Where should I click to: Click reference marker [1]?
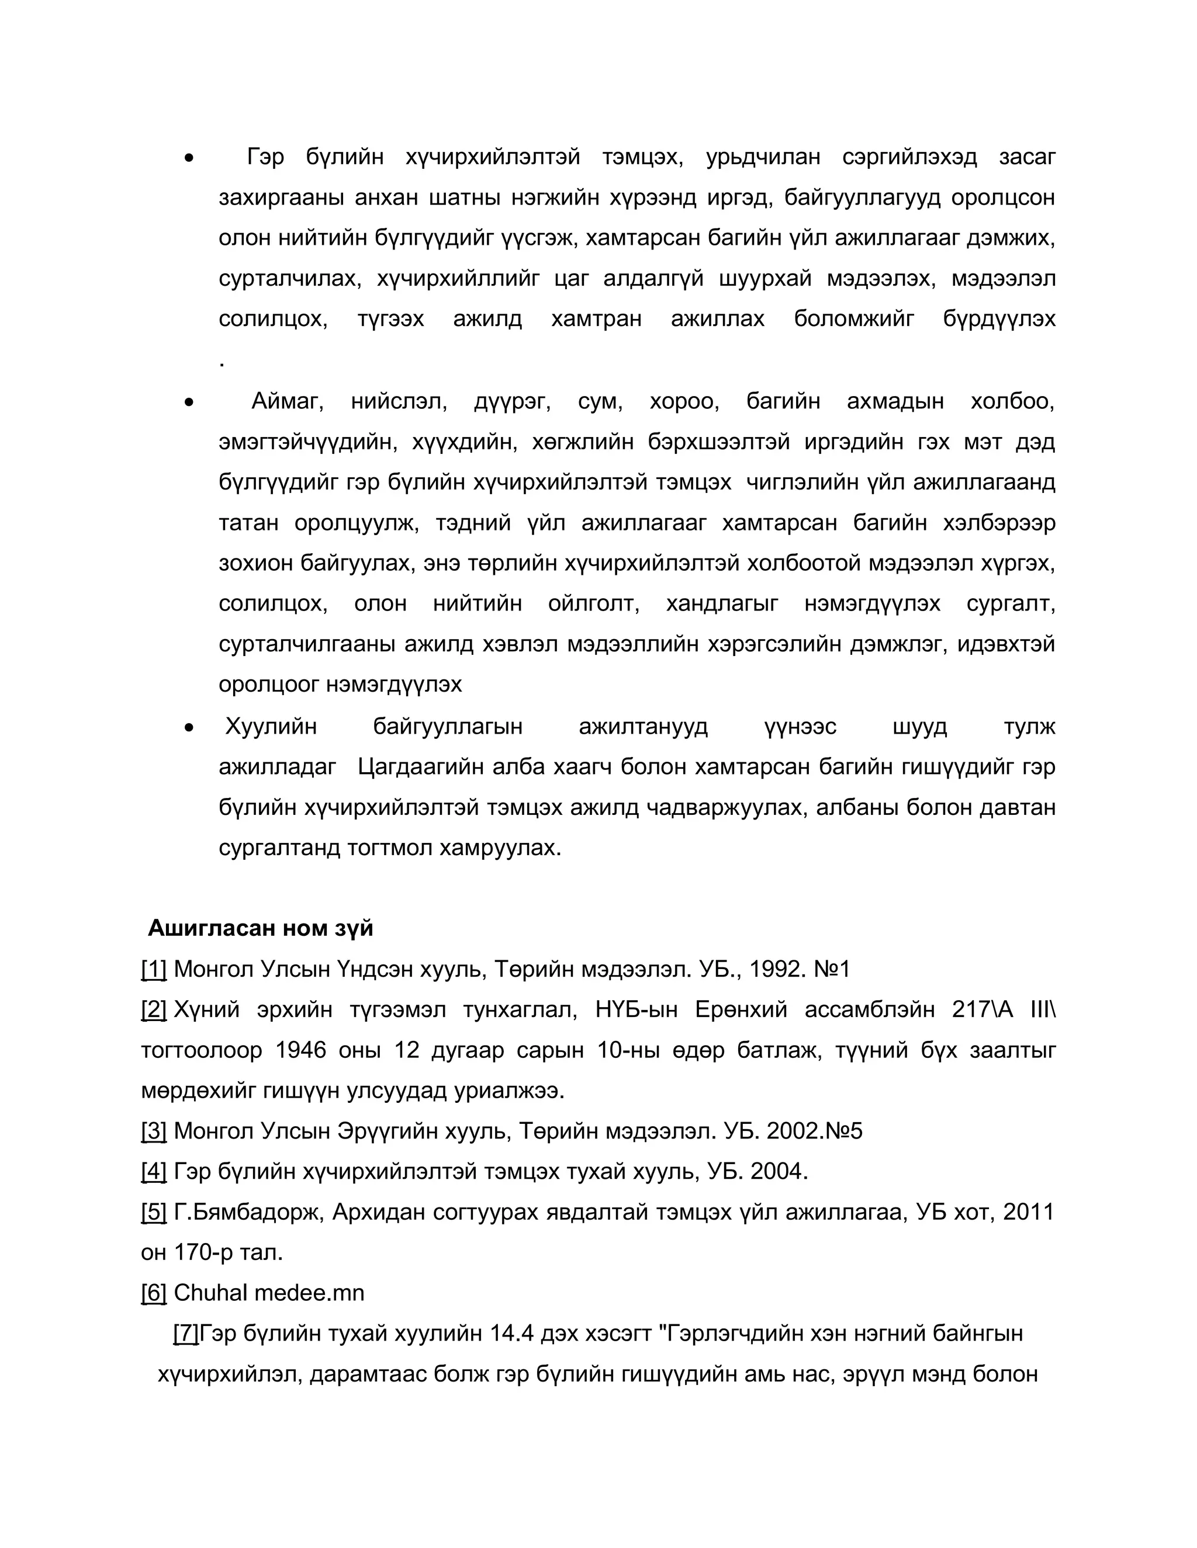pyautogui.click(x=154, y=969)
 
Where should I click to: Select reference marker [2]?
pyautogui.click(x=154, y=1009)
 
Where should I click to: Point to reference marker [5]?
pyautogui.click(x=154, y=1212)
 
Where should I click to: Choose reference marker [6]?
pyautogui.click(x=154, y=1293)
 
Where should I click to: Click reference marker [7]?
pyautogui.click(x=186, y=1333)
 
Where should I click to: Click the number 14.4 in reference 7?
pyautogui.click(x=511, y=1333)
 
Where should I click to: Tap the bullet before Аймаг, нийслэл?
pyautogui.click(x=189, y=402)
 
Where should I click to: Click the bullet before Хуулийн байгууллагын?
pyautogui.click(x=189, y=727)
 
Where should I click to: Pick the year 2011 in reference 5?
pyautogui.click(x=1028, y=1212)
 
